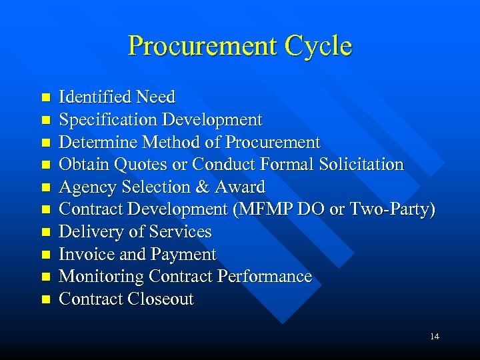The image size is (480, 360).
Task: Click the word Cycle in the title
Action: tap(317, 46)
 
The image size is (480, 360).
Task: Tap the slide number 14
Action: tap(434, 337)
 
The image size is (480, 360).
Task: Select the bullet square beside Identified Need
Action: tap(45, 98)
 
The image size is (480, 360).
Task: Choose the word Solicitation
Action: tap(363, 165)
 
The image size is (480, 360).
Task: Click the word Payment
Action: tap(183, 255)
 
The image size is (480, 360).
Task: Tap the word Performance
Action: tap(265, 277)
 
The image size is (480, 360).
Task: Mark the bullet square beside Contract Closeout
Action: tap(45, 300)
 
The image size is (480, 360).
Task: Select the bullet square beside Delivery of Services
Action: tap(45, 233)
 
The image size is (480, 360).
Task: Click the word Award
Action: tap(241, 187)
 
